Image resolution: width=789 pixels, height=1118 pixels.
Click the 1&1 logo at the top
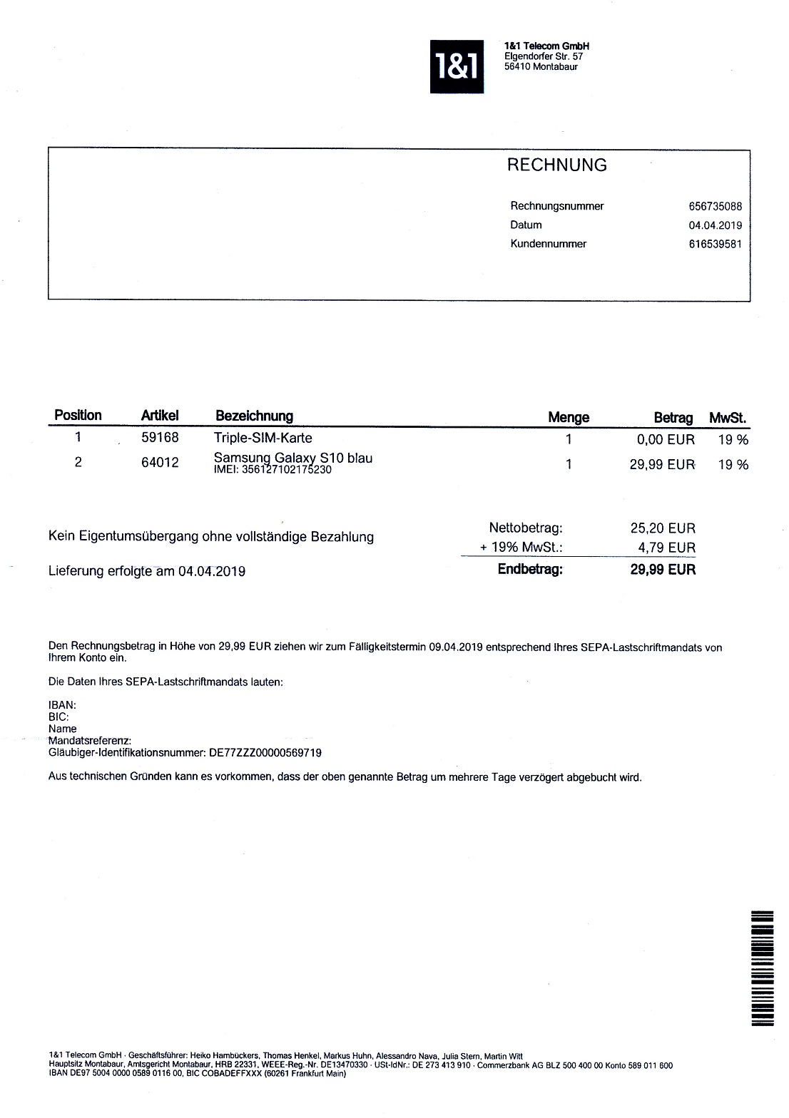pos(456,67)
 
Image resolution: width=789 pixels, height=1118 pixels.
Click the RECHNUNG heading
pos(556,165)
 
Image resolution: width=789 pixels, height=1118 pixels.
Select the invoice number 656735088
pos(715,207)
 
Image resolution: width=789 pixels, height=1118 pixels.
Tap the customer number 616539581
pos(715,244)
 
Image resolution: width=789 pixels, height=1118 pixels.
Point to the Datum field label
pos(526,225)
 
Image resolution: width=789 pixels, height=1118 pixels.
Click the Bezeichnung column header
pos(254,416)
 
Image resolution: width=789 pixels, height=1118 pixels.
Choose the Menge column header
pos(568,417)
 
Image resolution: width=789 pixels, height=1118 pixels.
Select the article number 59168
pos(160,438)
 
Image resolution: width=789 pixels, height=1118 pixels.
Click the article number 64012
pos(160,463)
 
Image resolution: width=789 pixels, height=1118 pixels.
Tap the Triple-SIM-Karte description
pos(263,438)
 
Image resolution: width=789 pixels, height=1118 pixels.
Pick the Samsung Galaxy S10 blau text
pos(292,458)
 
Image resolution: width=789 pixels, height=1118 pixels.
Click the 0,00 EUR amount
pos(665,440)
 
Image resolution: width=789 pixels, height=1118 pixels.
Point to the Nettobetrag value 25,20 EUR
pos(662,528)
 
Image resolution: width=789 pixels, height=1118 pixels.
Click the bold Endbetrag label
pos(530,569)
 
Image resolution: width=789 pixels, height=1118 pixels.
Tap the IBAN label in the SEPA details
pos(62,705)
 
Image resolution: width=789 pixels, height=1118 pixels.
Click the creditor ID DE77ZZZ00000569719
pos(265,752)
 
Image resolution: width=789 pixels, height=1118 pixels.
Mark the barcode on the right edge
pos(763,968)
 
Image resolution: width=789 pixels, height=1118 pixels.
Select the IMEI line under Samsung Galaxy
pos(273,470)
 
